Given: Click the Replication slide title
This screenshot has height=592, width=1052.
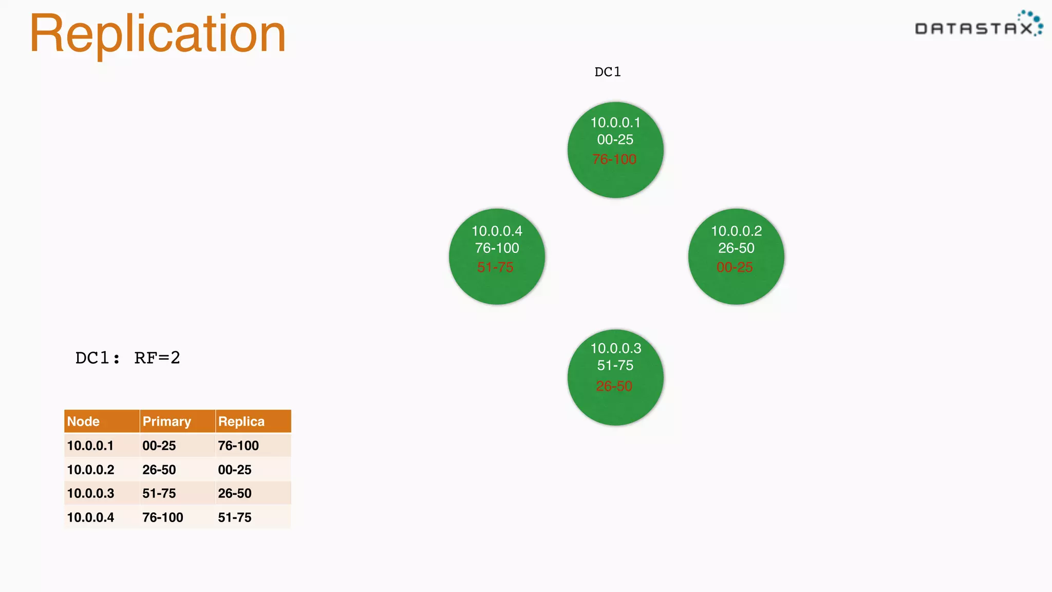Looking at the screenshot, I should (157, 34).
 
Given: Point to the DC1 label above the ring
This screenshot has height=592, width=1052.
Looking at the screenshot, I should (608, 72).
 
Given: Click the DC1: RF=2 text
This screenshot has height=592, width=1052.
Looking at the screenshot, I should (127, 358).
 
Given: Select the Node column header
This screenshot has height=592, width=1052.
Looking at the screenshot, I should (83, 421).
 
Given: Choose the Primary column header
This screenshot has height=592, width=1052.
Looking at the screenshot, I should (166, 421).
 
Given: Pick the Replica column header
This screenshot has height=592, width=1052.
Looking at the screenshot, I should (241, 421).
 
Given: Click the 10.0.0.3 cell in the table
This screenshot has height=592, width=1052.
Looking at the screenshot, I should (91, 493).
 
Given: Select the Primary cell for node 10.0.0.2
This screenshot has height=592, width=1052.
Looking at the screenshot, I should (159, 470).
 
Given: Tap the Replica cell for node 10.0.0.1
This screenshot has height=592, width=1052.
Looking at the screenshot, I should (238, 446).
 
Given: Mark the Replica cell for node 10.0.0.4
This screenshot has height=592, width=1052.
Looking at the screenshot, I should (235, 517).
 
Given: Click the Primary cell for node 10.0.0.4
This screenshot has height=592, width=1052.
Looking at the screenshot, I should (163, 517).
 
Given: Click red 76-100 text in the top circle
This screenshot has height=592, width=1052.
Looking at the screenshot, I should (614, 159).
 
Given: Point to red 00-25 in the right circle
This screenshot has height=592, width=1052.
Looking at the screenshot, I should (735, 267).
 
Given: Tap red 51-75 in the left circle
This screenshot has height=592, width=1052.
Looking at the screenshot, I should (495, 267).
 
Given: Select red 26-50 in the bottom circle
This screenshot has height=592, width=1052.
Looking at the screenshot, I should (614, 386).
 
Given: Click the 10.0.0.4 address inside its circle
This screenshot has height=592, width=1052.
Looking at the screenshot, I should (497, 231).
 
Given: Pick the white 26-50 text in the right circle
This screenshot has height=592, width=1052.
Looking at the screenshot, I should (736, 248).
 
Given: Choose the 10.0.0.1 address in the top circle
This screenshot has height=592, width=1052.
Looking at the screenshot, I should (615, 123).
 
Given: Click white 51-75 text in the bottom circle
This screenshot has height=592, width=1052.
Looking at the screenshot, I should (615, 365).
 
